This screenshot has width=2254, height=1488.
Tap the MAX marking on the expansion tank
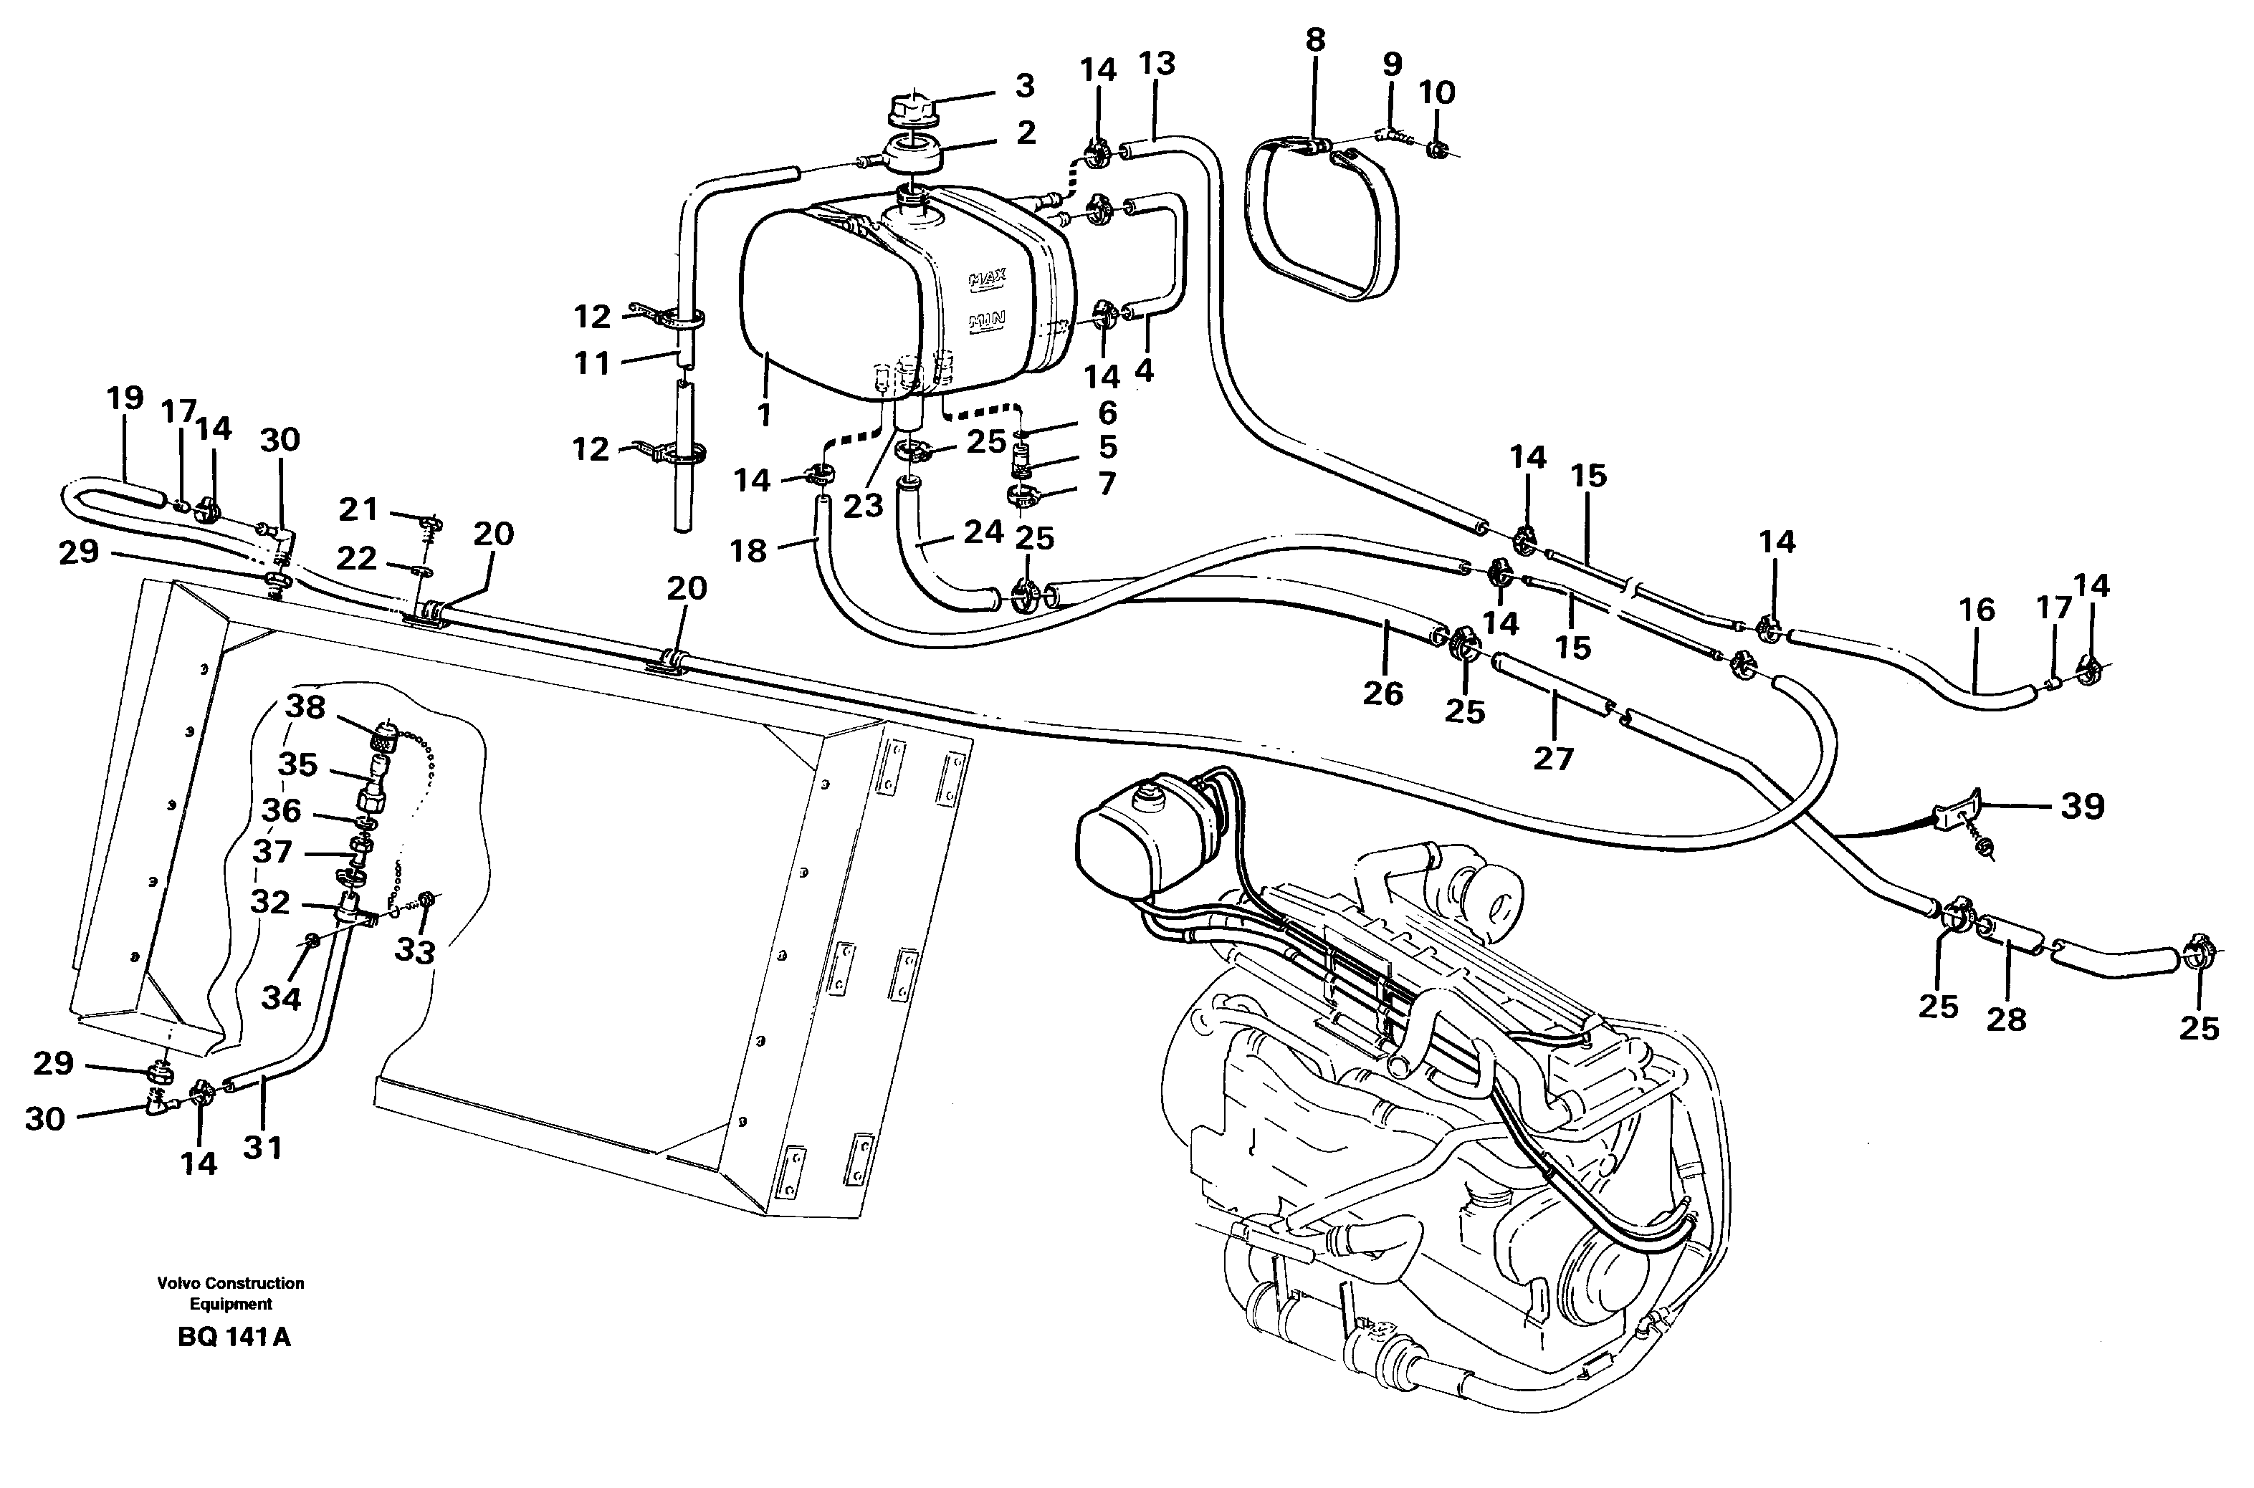(987, 279)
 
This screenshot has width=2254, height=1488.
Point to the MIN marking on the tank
(987, 322)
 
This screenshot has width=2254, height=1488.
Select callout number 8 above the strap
(1314, 40)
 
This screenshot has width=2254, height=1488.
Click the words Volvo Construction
(231, 1283)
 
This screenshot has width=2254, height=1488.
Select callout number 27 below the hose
(1552, 757)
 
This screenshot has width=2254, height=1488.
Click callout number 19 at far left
(124, 398)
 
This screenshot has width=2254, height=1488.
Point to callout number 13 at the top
(1157, 64)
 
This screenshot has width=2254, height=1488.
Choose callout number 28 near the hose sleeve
(2005, 1019)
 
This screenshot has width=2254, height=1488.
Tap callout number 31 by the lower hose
(263, 1147)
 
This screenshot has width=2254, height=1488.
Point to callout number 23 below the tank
(863, 507)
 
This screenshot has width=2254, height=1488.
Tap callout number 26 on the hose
(1382, 693)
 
